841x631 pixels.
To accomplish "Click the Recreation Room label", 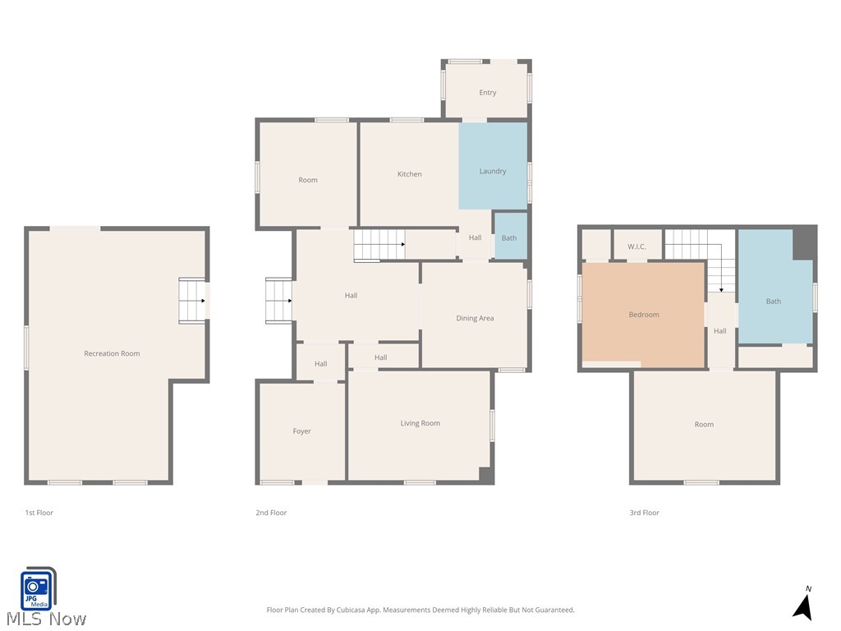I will click(112, 353).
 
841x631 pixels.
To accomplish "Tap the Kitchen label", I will click(409, 174).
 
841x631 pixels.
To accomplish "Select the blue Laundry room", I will click(493, 171).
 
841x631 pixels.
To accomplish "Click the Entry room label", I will click(488, 93).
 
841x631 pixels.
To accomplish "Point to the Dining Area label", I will click(475, 318).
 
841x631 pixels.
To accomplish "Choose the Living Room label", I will click(420, 423).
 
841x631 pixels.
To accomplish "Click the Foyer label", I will click(301, 431).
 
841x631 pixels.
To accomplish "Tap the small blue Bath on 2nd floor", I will click(509, 238).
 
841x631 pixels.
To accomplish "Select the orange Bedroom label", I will click(644, 315).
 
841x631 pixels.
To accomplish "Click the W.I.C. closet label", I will click(636, 246).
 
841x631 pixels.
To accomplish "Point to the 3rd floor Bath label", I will click(774, 302).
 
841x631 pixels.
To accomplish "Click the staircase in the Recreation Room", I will click(192, 301).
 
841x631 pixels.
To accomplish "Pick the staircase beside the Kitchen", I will click(379, 245).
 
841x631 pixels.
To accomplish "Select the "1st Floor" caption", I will click(39, 513).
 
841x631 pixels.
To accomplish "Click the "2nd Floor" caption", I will click(271, 513).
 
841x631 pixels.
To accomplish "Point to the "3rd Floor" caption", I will click(644, 513).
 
